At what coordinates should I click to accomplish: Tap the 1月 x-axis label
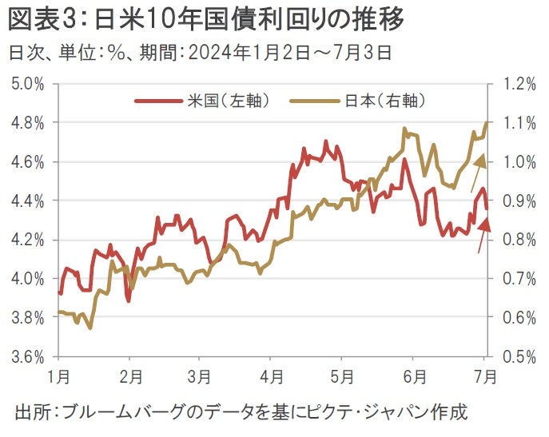59,375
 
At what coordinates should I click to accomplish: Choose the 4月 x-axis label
272,375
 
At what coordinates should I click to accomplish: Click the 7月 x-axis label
484,375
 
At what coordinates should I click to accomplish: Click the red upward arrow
482,235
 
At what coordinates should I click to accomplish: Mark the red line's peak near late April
326,141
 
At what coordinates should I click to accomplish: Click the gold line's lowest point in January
90,328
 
